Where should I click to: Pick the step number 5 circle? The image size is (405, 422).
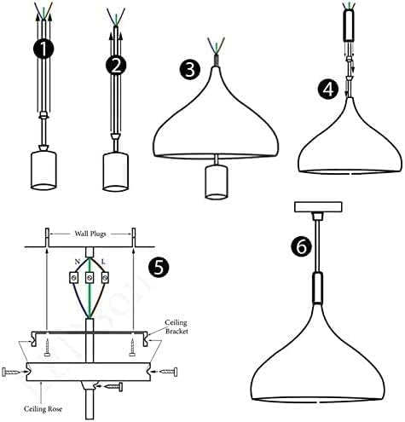tap(159, 265)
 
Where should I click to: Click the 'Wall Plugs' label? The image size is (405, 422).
tap(90, 232)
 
